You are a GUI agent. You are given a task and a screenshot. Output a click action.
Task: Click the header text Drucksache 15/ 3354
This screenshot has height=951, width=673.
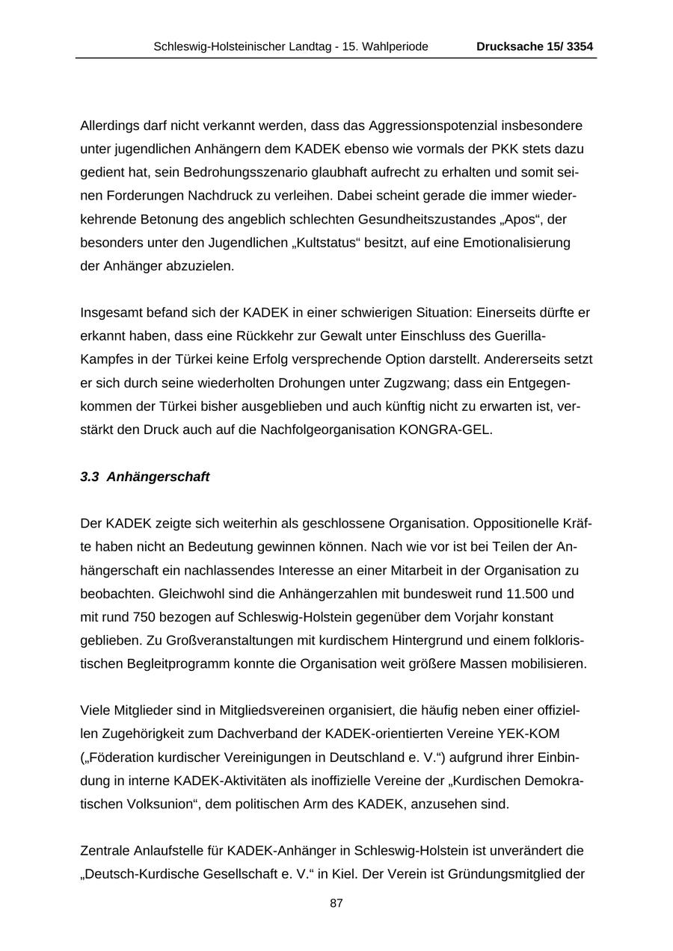(x=534, y=47)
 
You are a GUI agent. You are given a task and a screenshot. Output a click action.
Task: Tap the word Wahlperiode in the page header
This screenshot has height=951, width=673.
(x=392, y=47)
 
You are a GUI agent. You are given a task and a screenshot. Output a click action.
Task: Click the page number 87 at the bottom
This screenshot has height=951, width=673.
(x=336, y=903)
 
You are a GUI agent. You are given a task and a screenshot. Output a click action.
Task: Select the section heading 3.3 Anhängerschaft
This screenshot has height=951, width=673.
(x=145, y=477)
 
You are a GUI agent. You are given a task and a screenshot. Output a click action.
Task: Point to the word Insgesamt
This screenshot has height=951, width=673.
(x=111, y=312)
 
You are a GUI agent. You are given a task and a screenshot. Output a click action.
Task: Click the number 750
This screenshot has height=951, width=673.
(x=144, y=617)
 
